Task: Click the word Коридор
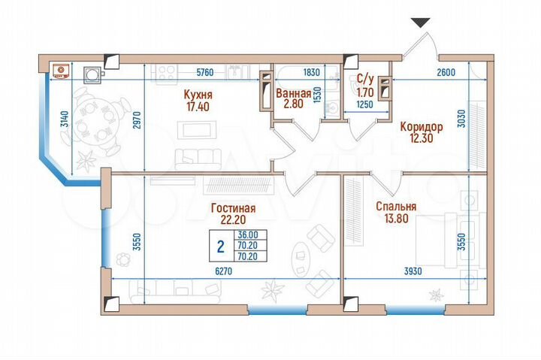click(x=421, y=127)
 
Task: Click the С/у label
click(x=364, y=78)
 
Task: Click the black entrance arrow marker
click(x=422, y=23)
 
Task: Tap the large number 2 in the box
click(x=220, y=246)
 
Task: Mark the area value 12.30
click(x=421, y=139)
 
